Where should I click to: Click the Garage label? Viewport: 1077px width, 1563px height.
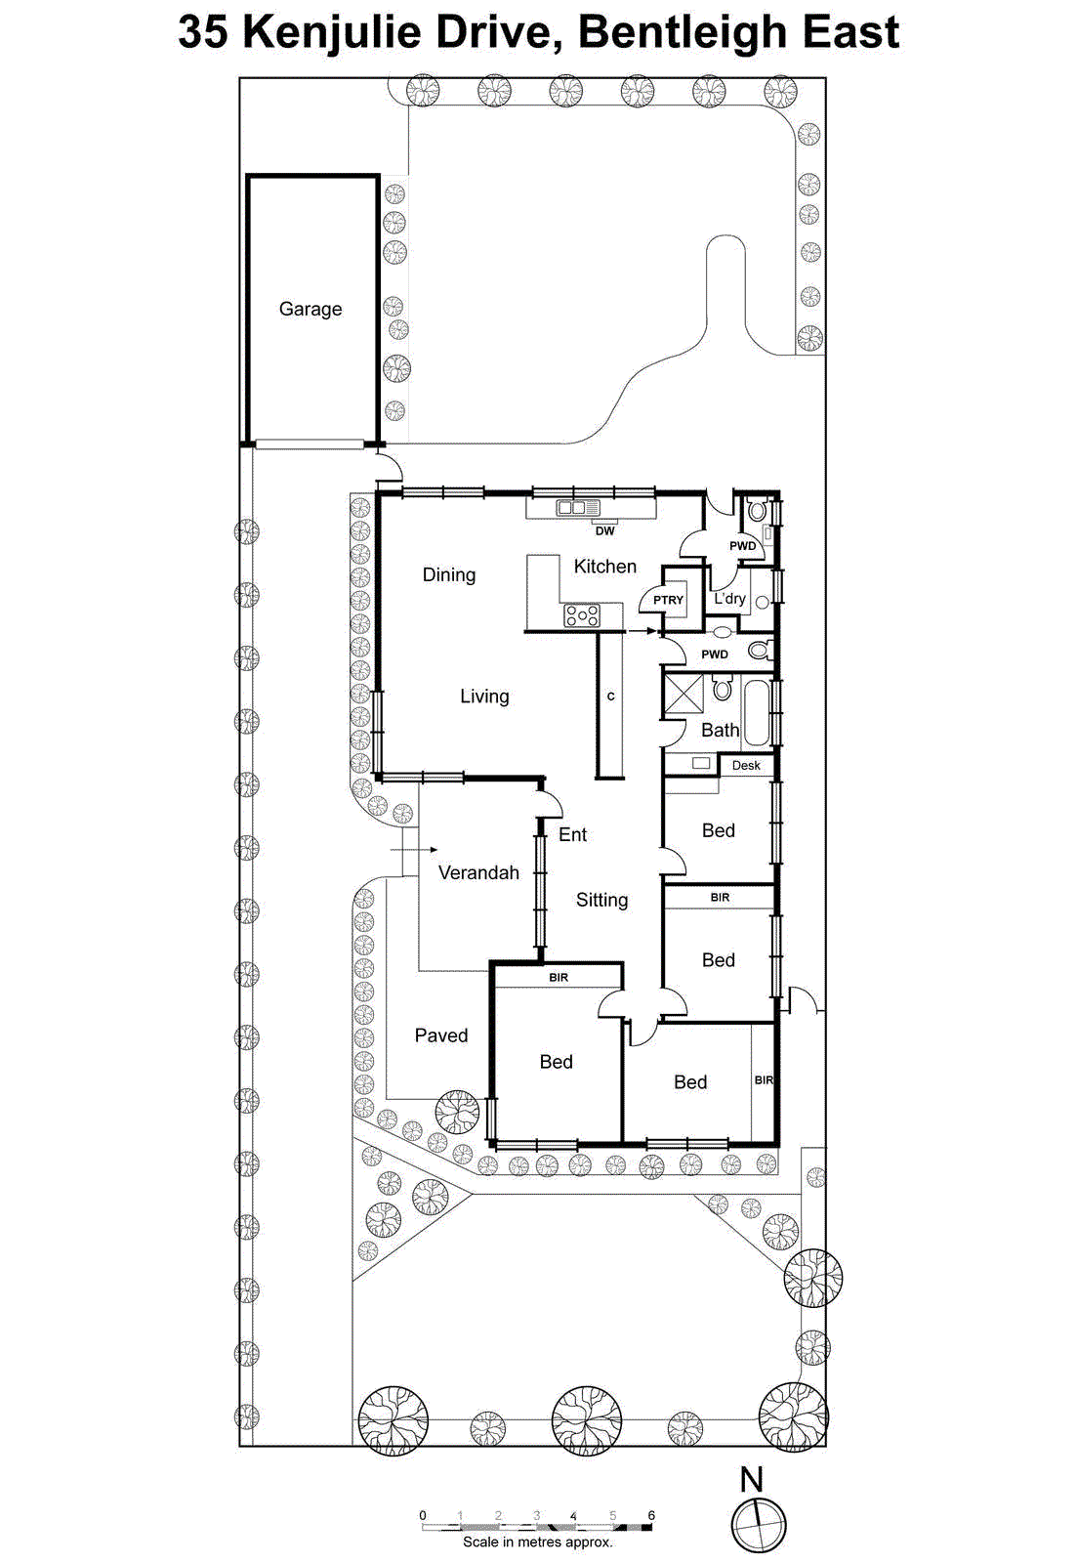pyautogui.click(x=311, y=309)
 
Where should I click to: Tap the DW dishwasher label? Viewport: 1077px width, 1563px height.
pyautogui.click(x=605, y=531)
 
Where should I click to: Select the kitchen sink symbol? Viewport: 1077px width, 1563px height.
pyautogui.click(x=577, y=507)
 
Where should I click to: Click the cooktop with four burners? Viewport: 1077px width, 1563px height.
pyautogui.click(x=582, y=615)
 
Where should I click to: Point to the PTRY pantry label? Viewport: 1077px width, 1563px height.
pyautogui.click(x=669, y=600)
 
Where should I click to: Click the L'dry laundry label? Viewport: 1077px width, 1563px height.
pyautogui.click(x=729, y=598)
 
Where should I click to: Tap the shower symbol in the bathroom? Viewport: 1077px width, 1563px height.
pyautogui.click(x=683, y=695)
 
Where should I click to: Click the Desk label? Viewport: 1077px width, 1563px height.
pyautogui.click(x=746, y=766)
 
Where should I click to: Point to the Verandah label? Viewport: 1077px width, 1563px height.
pyautogui.click(x=478, y=872)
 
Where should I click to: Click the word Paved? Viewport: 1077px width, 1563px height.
pyautogui.click(x=441, y=1035)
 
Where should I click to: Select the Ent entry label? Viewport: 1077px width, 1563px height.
pyautogui.click(x=572, y=834)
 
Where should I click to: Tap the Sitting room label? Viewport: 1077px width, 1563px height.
pyautogui.click(x=601, y=900)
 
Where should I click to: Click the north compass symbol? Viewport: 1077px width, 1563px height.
pyautogui.click(x=759, y=1523)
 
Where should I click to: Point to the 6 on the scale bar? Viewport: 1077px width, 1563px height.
pyautogui.click(x=651, y=1515)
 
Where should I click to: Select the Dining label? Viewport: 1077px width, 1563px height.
pyautogui.click(x=449, y=574)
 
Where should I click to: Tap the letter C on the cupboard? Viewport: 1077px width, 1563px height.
pyautogui.click(x=611, y=697)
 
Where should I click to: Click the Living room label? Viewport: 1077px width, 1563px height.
pyautogui.click(x=484, y=697)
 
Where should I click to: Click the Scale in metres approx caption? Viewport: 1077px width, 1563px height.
pyautogui.click(x=538, y=1542)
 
